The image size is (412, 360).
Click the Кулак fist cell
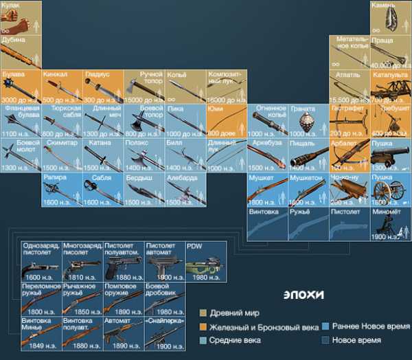pyautogui.click(x=20, y=17)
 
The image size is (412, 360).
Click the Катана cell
pyautogui.click(x=103, y=155)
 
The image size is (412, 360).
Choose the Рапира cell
pyautogui.click(x=62, y=189)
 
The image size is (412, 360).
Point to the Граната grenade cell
pyautogui.click(x=308, y=120)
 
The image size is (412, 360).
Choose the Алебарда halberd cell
pyautogui.click(x=185, y=189)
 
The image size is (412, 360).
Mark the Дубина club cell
pyautogui.click(x=20, y=52)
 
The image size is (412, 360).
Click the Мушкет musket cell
pyautogui.click(x=267, y=189)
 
